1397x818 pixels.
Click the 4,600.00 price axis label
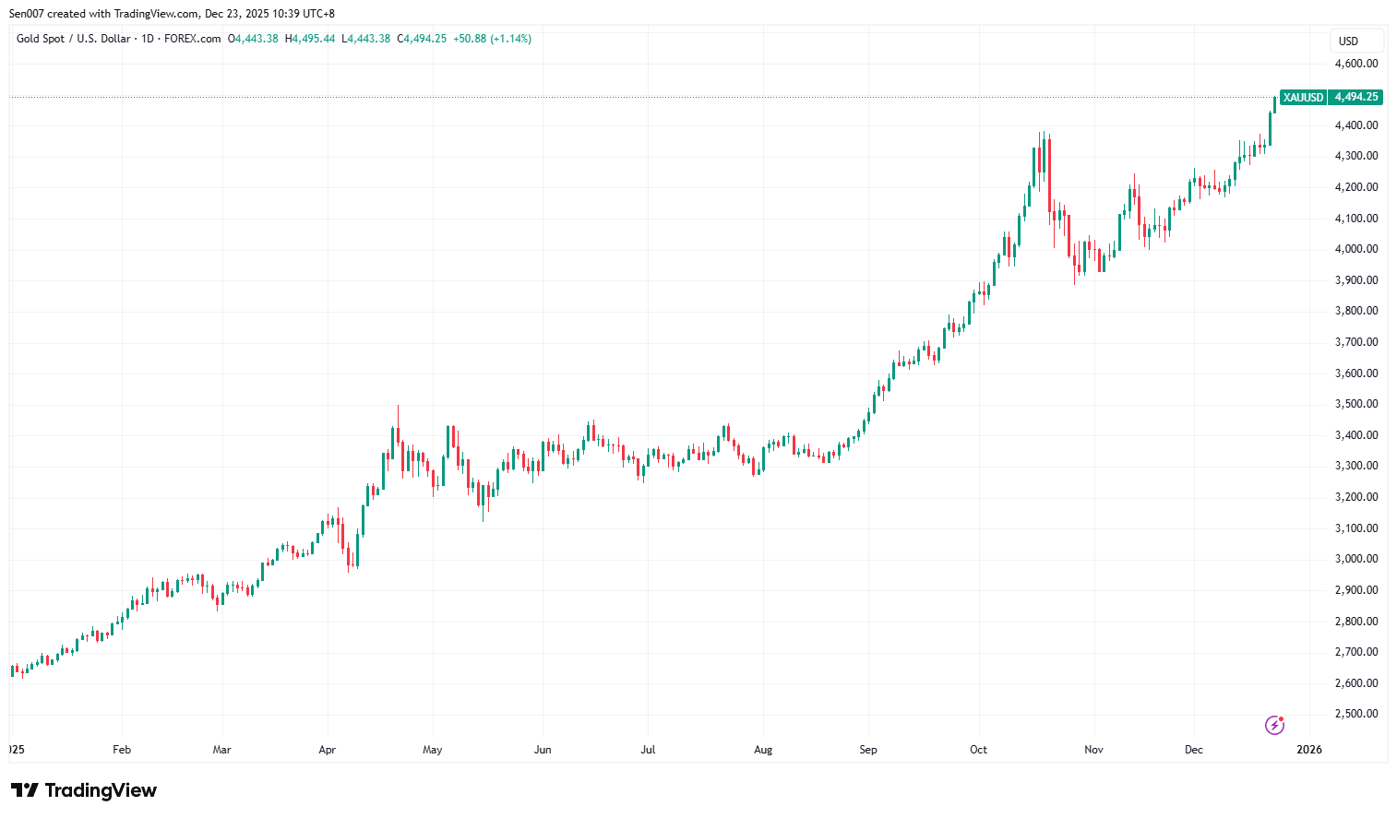coord(1355,64)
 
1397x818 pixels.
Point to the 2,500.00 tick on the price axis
coord(1355,714)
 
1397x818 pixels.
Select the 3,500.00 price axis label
coord(1355,404)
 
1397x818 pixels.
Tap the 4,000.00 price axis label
coord(1355,249)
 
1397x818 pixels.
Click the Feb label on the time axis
coord(122,750)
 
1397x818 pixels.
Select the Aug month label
coord(763,750)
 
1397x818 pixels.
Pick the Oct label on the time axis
coord(978,750)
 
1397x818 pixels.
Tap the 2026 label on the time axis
coord(1308,750)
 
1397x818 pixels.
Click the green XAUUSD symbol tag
coord(1303,97)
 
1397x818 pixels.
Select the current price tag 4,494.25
coord(1355,97)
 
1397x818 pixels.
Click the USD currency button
coord(1349,41)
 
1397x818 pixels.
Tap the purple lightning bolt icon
coord(1274,725)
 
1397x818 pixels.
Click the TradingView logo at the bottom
coord(84,790)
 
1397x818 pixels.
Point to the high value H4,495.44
coord(310,39)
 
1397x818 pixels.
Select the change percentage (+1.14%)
coord(510,39)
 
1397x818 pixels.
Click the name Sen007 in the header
coord(27,14)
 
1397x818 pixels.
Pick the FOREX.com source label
coord(192,39)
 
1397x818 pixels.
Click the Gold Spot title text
coord(41,39)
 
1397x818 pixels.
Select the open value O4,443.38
coord(253,39)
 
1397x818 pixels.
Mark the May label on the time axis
coord(432,750)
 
